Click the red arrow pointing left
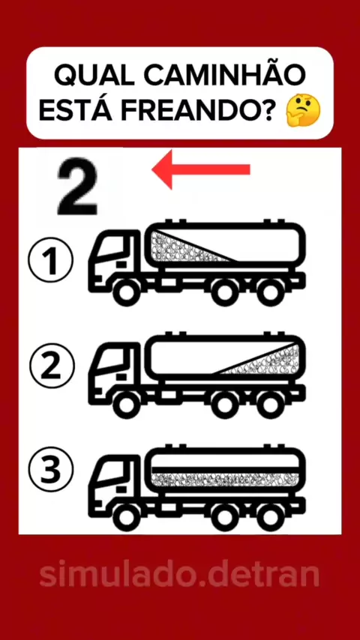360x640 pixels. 201,169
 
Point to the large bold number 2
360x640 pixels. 77,188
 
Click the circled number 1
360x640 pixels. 51,261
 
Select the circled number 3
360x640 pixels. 51,471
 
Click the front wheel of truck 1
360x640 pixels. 125,292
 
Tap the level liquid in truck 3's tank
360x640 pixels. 225,479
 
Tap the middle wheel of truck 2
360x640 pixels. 224,405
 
